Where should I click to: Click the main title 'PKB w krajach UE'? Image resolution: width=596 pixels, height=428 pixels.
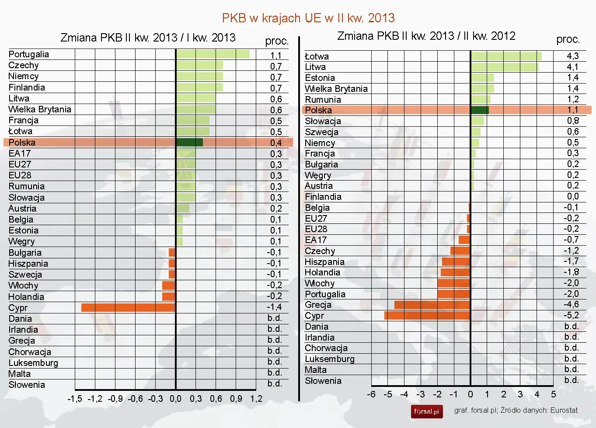click(x=308, y=18)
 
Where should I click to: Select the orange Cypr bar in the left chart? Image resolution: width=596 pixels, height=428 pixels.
click(x=128, y=307)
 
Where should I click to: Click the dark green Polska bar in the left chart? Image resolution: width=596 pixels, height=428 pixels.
click(x=189, y=143)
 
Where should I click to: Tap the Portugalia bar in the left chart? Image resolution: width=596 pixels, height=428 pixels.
click(x=213, y=54)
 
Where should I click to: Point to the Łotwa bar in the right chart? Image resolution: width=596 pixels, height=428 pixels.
click(x=506, y=56)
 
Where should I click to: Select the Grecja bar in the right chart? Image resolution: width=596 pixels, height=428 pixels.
click(x=432, y=305)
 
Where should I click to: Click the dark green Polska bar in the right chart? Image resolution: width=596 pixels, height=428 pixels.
click(x=480, y=110)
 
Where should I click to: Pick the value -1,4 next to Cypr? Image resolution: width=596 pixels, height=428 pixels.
click(x=274, y=307)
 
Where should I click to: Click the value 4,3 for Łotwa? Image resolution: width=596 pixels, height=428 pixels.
click(x=572, y=56)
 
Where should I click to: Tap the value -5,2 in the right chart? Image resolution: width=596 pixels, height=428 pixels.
click(x=571, y=315)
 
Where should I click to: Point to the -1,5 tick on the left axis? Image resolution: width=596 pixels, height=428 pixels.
click(x=75, y=399)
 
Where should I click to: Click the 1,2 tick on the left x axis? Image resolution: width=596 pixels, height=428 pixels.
click(x=256, y=399)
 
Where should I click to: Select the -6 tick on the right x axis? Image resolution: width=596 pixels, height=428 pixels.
click(x=371, y=394)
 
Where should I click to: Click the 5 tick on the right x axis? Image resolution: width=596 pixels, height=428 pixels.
click(x=553, y=394)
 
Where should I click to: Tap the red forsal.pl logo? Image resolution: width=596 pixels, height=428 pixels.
click(x=426, y=411)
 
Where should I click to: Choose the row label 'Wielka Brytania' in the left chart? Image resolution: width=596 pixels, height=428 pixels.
click(x=40, y=109)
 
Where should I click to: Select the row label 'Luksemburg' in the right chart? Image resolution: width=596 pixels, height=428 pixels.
click(x=330, y=359)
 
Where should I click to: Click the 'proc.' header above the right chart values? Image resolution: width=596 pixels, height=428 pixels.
click(x=568, y=39)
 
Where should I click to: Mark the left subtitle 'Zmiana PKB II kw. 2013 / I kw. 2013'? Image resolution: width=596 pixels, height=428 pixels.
click(x=148, y=38)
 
